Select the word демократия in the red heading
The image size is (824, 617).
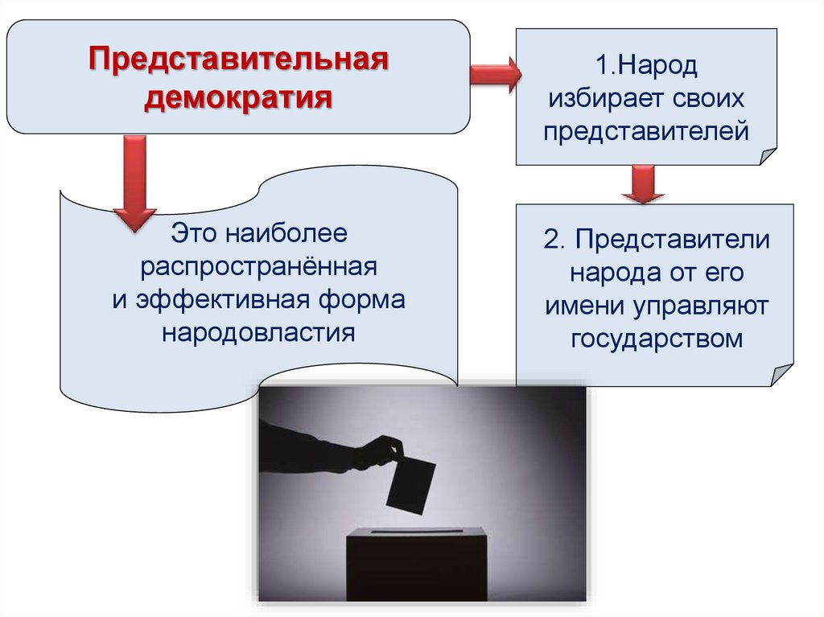pos(238,100)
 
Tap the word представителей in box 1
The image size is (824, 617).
pos(645,131)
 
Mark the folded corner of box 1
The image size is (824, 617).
pos(767,156)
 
